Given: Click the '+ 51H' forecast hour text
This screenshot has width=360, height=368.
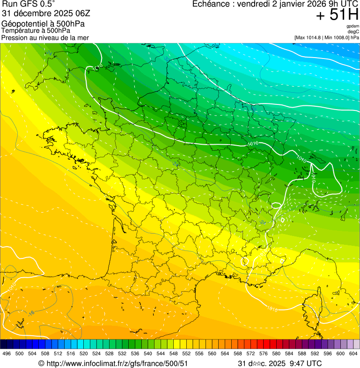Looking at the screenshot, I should pos(337,15).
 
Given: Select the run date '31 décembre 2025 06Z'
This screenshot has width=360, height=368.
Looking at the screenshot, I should pos(39,13).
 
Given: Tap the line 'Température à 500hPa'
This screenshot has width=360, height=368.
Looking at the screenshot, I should pos(36,30).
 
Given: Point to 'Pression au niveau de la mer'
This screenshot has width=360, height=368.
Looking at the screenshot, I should pos(45,37).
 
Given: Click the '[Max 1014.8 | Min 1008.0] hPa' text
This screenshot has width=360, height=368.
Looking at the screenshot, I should pos(326,37).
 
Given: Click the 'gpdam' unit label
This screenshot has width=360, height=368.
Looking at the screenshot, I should pos(353,26).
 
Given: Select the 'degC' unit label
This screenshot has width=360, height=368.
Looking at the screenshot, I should pos(354,31).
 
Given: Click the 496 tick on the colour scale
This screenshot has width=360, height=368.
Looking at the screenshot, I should pos(7,353).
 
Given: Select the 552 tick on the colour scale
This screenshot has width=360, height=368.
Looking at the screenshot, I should pos(186,353).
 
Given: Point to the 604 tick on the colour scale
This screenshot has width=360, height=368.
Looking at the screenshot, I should pos(353,353).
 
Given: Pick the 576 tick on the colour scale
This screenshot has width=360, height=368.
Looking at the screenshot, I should pos(264,353).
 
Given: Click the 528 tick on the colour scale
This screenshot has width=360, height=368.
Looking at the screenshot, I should pos(110,353).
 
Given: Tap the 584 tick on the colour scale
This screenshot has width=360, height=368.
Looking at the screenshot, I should pos(289,353).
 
